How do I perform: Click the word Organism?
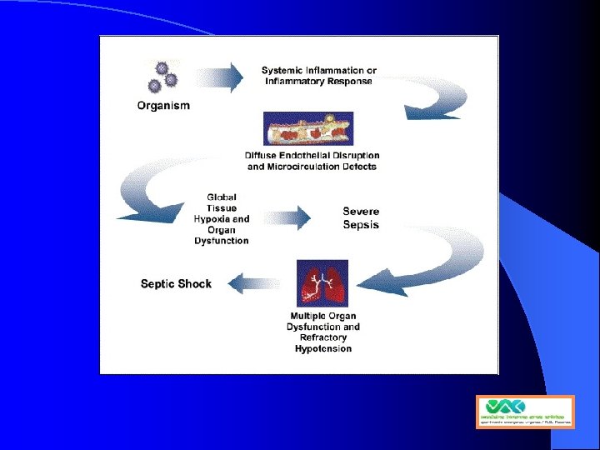coord(163,106)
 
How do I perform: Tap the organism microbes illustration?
coord(161,76)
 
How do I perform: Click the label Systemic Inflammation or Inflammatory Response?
coord(318,76)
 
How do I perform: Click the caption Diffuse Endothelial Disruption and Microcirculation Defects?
coord(312,161)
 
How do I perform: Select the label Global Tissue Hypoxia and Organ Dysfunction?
coord(222,219)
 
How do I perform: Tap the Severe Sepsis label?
coord(361,218)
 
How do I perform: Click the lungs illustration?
coord(322,283)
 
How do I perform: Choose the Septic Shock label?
coord(176,284)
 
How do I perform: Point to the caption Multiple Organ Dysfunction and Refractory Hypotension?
coord(323,332)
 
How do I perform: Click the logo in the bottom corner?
coord(525,412)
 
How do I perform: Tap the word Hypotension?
coord(323,349)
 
